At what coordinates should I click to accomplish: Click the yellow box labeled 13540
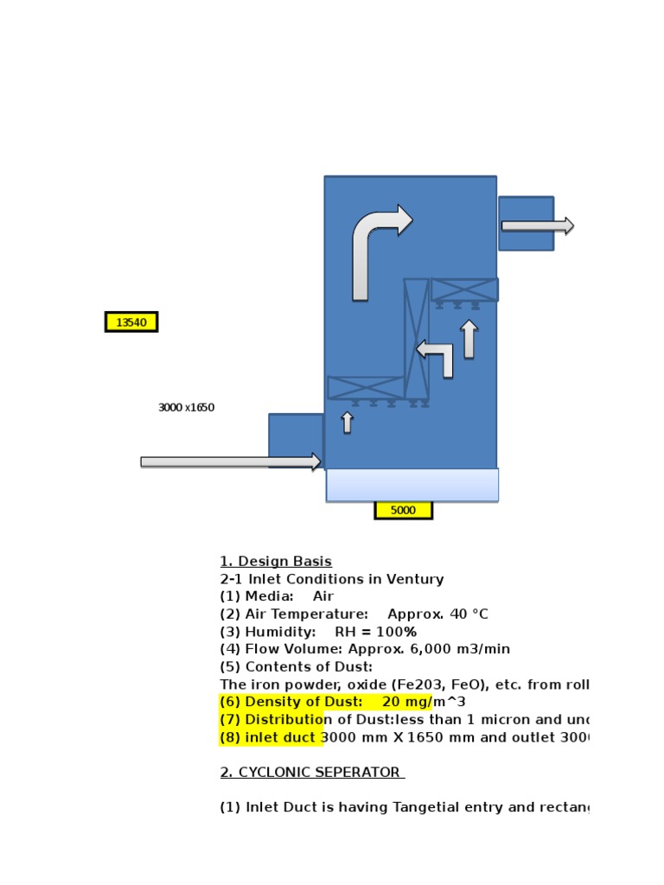(131, 322)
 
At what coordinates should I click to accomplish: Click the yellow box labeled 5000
(403, 510)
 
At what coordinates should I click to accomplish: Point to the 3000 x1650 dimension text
(186, 407)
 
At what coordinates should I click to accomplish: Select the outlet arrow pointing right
(537, 226)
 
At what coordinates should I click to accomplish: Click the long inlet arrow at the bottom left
(230, 462)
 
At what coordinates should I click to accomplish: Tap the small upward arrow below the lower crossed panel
(347, 422)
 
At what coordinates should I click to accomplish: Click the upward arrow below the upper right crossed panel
(469, 339)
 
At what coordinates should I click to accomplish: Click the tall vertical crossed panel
(417, 338)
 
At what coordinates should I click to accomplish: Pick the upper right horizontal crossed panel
(464, 290)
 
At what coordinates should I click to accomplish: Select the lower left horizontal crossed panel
(366, 387)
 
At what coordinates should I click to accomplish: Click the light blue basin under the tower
(412, 485)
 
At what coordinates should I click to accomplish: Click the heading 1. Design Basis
(276, 561)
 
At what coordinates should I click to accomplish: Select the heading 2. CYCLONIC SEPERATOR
(310, 772)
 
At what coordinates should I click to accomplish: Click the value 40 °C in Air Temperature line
(460, 614)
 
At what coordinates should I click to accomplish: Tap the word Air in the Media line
(322, 596)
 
